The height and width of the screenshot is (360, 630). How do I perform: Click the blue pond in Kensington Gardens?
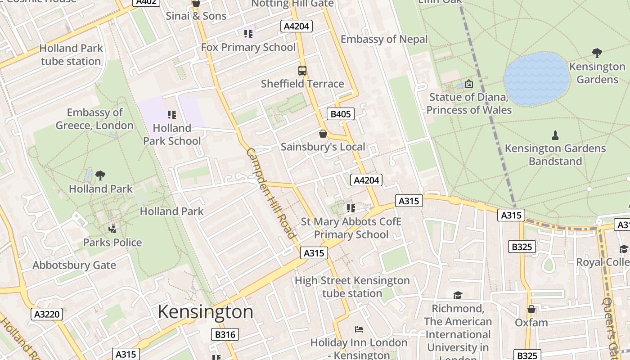tap(536, 79)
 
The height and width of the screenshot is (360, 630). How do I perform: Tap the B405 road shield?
tap(340, 114)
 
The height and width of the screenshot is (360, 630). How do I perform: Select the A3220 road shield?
tap(47, 314)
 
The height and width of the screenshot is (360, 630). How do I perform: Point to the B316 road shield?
tap(225, 334)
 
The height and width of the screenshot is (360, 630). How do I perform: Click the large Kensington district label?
tap(205, 312)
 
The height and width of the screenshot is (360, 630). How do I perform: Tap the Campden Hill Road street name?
tap(271, 193)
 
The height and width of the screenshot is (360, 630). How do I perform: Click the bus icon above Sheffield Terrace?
tap(302, 71)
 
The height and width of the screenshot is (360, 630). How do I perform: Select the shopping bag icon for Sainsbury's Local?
tap(323, 134)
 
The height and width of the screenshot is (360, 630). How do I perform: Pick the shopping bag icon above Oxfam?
tap(531, 309)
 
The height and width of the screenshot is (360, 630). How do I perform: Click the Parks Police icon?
tap(112, 229)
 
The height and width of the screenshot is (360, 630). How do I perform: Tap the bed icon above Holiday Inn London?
tap(359, 329)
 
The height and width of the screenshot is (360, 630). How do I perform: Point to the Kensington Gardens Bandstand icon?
tap(555, 135)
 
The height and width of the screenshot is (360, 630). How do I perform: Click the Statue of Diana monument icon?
tap(469, 84)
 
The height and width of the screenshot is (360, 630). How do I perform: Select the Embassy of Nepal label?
tap(384, 39)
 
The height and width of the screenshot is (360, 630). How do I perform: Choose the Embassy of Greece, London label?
tap(94, 119)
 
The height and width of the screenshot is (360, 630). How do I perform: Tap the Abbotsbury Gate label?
tap(74, 265)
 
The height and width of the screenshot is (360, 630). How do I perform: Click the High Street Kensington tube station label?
tap(352, 287)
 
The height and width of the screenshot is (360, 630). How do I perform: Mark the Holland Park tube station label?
tap(71, 54)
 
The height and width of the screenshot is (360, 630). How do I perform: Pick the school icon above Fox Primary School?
tap(248, 34)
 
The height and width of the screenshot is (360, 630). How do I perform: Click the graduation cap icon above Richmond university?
tap(458, 295)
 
